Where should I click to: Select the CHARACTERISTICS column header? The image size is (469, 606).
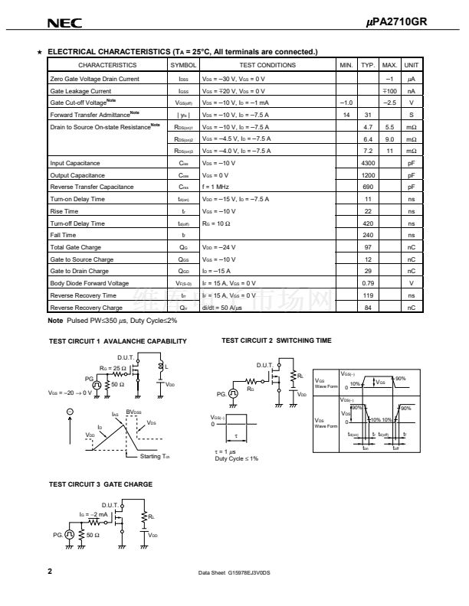click(x=107, y=66)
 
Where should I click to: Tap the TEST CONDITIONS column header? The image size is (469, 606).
click(x=267, y=66)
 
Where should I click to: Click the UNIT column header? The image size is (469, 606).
click(x=411, y=66)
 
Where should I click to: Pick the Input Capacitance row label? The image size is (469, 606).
click(x=75, y=163)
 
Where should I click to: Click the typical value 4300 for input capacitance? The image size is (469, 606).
click(x=368, y=163)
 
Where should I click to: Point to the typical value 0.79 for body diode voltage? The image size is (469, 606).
click(x=368, y=283)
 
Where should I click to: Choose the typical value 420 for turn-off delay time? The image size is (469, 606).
click(x=368, y=223)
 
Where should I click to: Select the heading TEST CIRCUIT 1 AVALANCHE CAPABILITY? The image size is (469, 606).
click(x=117, y=341)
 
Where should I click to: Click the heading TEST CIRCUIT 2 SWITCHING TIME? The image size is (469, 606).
click(x=277, y=340)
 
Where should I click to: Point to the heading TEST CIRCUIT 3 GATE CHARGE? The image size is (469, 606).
click(x=100, y=484)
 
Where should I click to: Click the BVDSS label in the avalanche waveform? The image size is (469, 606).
click(x=133, y=412)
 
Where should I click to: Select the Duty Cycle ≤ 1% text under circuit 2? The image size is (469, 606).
click(x=236, y=458)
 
